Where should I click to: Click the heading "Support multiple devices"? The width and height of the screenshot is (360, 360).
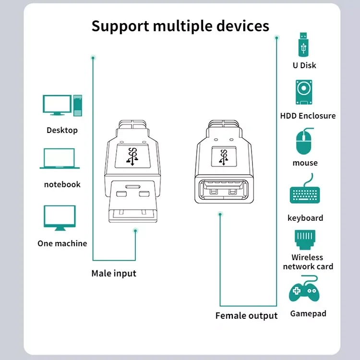[180, 26]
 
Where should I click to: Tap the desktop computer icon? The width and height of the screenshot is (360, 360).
[62, 105]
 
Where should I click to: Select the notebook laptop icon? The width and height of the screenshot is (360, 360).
[60, 159]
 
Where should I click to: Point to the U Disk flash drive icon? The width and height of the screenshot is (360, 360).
[304, 44]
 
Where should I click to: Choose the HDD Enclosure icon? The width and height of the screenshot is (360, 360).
[304, 92]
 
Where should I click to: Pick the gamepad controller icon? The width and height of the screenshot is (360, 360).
[304, 291]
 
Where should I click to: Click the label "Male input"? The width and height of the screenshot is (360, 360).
[114, 274]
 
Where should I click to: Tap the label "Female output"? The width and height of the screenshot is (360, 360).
[246, 316]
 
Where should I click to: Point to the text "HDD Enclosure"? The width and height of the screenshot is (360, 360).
[308, 116]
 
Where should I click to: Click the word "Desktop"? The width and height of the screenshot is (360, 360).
[62, 130]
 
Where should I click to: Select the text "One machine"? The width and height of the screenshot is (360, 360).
[62, 243]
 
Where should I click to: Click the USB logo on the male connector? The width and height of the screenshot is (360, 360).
[133, 156]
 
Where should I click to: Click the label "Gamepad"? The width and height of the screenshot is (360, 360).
[308, 314]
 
